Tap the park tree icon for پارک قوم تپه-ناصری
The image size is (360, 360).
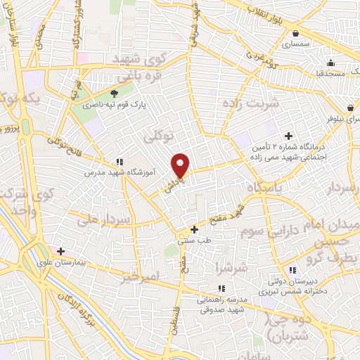115,93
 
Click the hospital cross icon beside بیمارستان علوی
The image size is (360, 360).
61,251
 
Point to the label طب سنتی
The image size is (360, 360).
195,240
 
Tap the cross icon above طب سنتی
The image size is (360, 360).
195,229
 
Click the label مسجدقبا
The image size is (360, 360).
328,72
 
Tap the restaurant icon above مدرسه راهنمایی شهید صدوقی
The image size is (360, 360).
221,288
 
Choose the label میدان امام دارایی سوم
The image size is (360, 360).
309,229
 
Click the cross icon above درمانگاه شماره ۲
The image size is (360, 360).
288,136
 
